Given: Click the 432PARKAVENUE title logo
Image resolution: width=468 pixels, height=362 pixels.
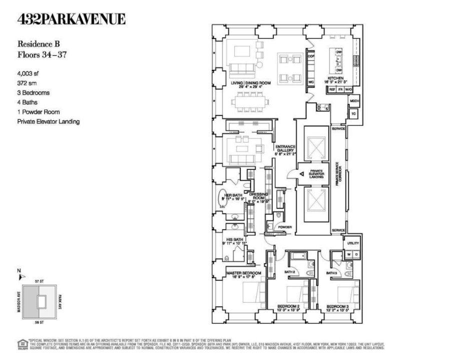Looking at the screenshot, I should [71, 20].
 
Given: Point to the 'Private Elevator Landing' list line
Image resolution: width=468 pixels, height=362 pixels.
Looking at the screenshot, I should [48, 121].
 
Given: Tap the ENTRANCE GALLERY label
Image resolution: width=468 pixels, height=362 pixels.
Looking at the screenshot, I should [284, 148].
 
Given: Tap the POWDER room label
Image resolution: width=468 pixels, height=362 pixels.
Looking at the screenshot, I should [285, 227].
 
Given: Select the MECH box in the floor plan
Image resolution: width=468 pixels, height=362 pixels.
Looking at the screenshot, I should [354, 100].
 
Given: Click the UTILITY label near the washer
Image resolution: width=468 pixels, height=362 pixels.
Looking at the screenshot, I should [353, 243].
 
